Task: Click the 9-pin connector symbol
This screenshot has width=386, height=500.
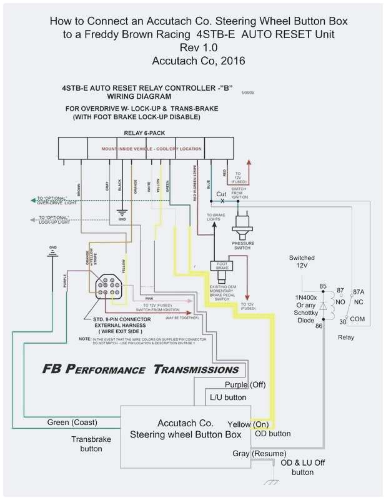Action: [109, 285]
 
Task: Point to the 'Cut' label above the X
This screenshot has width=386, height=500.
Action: [221, 194]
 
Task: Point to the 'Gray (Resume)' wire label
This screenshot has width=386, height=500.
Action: [260, 453]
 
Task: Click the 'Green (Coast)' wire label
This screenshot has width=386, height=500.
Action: [72, 422]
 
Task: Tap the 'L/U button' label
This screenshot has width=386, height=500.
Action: [227, 397]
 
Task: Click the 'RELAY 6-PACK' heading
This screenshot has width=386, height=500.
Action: [146, 133]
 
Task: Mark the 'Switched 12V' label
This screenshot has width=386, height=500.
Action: [302, 261]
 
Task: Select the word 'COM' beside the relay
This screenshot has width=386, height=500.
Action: [358, 319]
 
